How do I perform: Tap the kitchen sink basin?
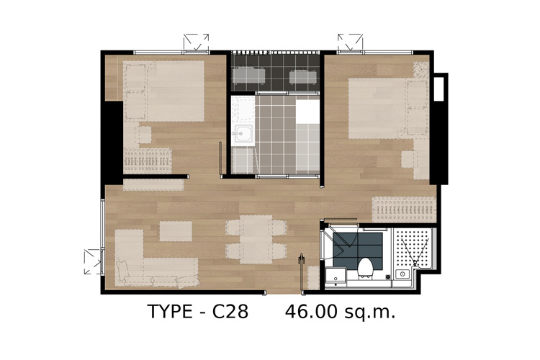[243, 133]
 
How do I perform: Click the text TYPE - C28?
[198, 312]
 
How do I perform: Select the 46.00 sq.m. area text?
[341, 312]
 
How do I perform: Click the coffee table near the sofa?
[176, 231]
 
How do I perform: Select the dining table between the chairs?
[256, 240]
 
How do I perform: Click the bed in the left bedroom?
[163, 91]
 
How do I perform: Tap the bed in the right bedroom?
[388, 108]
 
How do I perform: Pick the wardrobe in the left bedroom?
[148, 161]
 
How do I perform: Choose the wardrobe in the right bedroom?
[404, 210]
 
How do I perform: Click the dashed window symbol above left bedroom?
[196, 42]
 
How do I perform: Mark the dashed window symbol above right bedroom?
[350, 42]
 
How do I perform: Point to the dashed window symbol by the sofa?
[93, 262]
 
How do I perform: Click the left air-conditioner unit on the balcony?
[248, 76]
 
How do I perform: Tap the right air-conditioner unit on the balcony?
[302, 77]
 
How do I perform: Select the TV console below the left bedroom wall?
[153, 185]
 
